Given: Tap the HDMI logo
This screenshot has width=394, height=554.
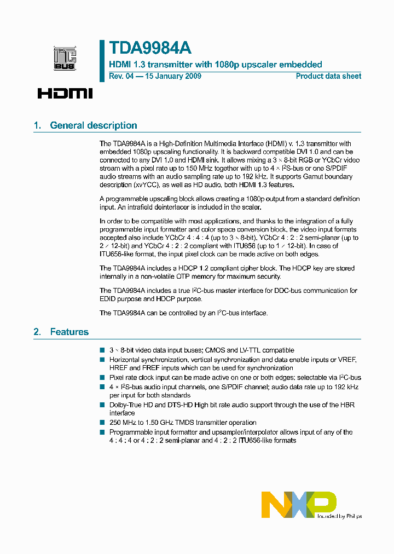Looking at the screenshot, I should [65, 93].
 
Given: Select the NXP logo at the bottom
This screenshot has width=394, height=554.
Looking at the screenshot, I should [299, 504].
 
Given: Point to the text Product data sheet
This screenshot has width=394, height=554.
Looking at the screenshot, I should [328, 76].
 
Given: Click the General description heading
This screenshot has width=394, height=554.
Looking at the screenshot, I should [94, 125].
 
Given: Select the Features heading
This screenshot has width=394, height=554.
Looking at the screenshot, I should [69, 332].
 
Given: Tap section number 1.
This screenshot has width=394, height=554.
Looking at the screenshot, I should [37, 125].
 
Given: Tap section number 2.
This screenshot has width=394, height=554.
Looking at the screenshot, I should [37, 332].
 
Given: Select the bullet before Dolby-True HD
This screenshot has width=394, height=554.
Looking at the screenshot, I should [102, 405].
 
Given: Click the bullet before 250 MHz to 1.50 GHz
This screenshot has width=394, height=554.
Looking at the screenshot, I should [102, 423].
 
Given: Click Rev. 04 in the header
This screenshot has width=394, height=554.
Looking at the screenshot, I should [120, 76].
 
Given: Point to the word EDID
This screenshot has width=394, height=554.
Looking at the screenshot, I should [109, 299].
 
